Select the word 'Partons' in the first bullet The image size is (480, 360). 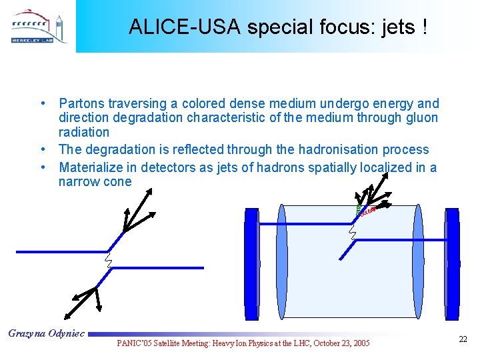[x=83, y=103]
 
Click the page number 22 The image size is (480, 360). [x=463, y=340]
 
